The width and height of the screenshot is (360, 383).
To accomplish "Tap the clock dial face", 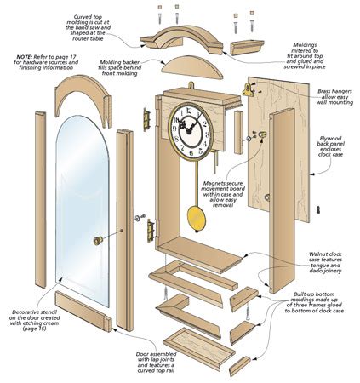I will pos(187,126).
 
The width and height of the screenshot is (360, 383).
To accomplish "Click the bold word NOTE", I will pos(25,58).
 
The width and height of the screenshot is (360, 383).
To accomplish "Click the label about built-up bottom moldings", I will pos(319,303).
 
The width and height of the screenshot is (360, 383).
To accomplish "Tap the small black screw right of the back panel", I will pos(317,210).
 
